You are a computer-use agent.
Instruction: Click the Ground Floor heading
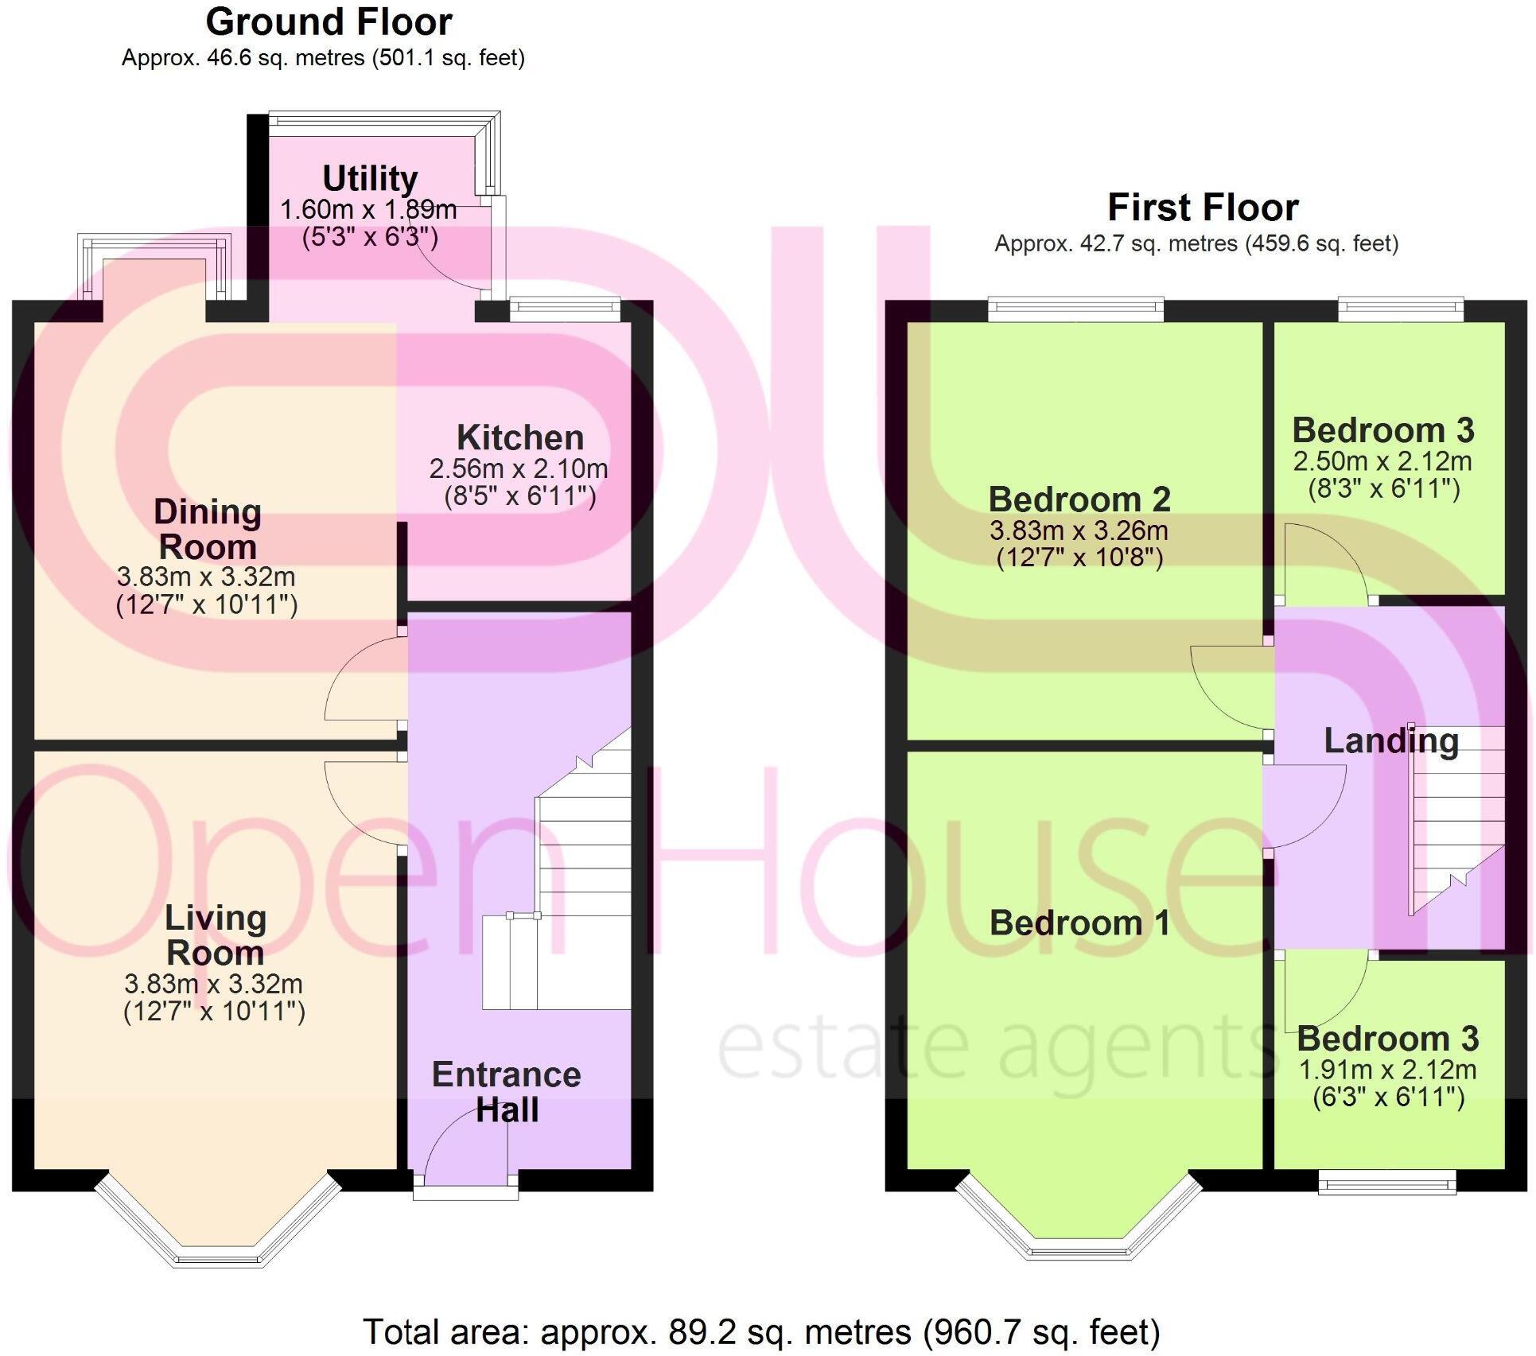tap(329, 22)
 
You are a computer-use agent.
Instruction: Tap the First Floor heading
tap(1203, 208)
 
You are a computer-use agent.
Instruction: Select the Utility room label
tap(370, 178)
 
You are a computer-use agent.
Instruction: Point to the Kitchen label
tap(520, 437)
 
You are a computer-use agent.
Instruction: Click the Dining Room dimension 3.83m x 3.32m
tap(206, 577)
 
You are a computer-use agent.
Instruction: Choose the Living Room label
tap(215, 935)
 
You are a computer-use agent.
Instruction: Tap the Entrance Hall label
tap(507, 1092)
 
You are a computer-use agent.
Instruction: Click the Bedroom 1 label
tap(1079, 923)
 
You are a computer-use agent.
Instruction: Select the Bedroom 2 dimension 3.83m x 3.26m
tap(1079, 530)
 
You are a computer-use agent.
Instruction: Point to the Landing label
tap(1391, 741)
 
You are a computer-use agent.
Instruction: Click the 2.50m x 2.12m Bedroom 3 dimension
tap(1382, 461)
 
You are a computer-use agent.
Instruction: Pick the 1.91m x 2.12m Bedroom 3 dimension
tap(1387, 1070)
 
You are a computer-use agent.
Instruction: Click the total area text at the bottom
tap(761, 1331)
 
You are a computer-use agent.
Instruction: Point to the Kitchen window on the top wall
tap(564, 309)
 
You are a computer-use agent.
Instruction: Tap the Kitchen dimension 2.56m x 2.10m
tap(519, 468)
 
